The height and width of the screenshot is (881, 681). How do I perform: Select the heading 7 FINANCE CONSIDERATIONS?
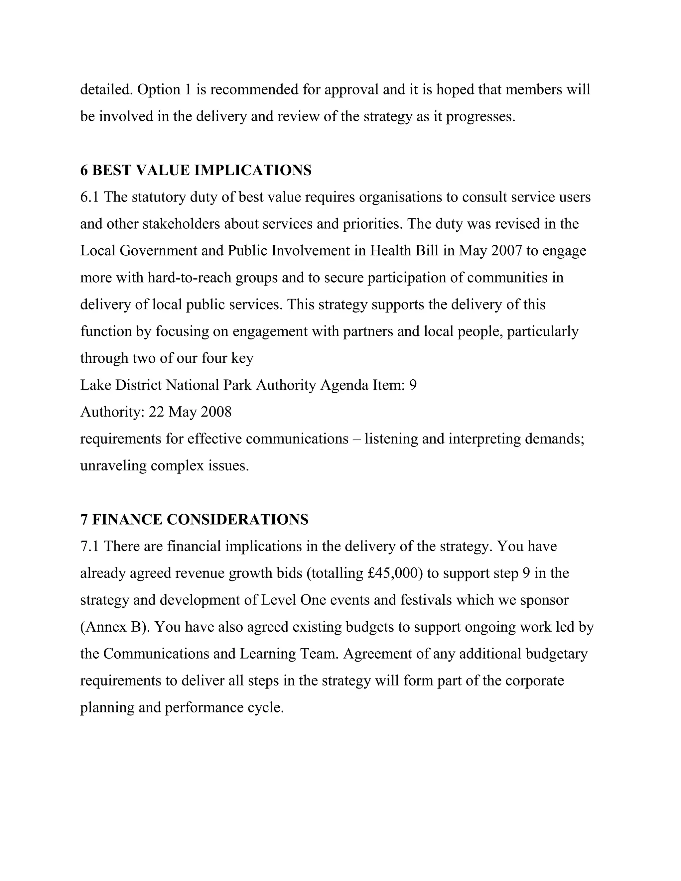[194, 520]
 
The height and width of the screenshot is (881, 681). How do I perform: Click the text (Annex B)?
[115, 627]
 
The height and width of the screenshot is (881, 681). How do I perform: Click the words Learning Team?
[289, 654]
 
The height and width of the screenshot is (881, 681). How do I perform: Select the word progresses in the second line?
[480, 117]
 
